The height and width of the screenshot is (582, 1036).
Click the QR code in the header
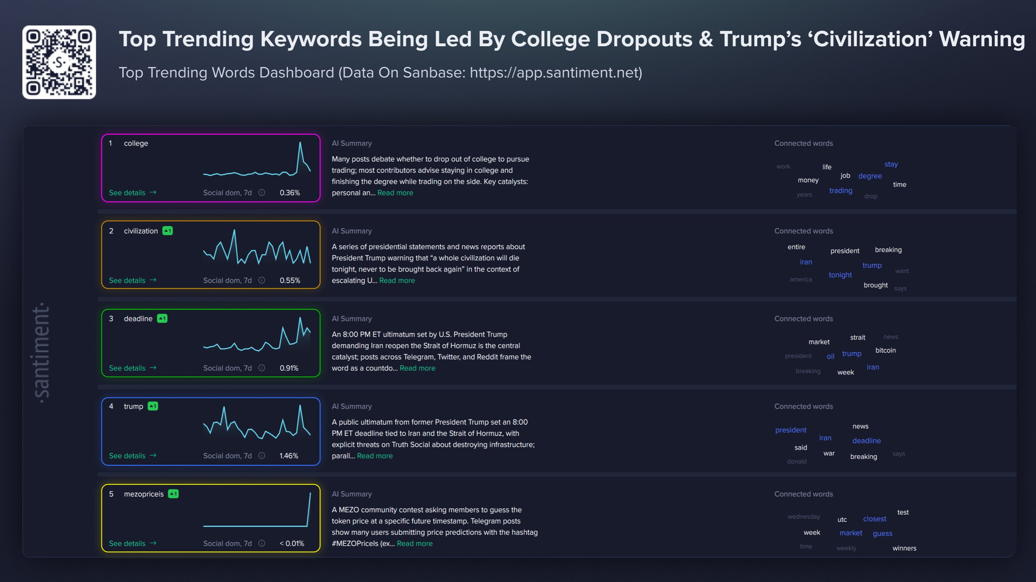(59, 62)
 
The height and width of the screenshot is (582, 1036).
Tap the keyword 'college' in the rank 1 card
(136, 143)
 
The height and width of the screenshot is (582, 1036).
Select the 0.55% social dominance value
(290, 281)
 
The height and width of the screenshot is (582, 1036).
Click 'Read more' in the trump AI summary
(375, 456)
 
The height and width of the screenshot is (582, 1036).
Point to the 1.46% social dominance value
(289, 456)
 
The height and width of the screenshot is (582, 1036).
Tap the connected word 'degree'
(870, 176)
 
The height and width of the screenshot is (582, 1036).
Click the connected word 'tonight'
(840, 275)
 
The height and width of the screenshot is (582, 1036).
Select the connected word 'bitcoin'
(885, 351)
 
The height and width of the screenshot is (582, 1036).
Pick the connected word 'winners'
(904, 548)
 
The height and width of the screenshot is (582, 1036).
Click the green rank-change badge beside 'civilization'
(167, 231)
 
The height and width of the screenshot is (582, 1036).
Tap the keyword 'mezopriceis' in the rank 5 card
(143, 494)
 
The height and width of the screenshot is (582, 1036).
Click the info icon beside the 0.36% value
(262, 193)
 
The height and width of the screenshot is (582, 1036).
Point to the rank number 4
(111, 406)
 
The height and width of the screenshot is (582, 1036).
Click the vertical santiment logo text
(41, 353)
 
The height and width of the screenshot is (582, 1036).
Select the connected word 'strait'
(857, 338)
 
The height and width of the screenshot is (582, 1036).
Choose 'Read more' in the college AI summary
(395, 193)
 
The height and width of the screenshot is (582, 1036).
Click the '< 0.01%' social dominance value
(292, 544)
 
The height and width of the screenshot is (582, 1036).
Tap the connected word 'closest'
(874, 519)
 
